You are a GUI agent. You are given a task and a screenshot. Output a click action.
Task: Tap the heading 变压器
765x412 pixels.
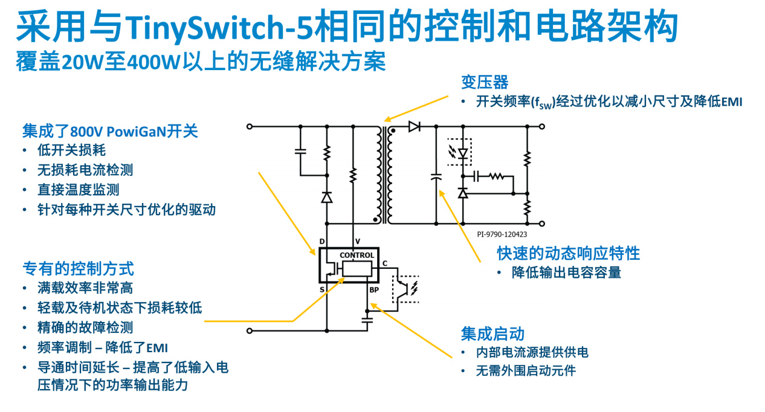pyautogui.click(x=485, y=82)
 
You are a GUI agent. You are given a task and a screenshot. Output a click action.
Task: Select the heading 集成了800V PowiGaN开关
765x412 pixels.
pyautogui.click(x=110, y=131)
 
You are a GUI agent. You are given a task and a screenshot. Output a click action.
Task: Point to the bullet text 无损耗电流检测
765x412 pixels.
pyautogui.click(x=85, y=170)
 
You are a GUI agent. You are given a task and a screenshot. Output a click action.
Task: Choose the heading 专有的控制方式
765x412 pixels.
pyautogui.click(x=78, y=268)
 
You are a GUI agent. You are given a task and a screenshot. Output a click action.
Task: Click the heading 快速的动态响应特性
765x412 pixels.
pyautogui.click(x=568, y=253)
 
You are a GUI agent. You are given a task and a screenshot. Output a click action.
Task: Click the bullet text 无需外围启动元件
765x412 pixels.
pyautogui.click(x=526, y=370)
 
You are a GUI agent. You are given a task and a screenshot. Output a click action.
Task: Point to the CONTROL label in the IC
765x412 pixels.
pyautogui.click(x=357, y=256)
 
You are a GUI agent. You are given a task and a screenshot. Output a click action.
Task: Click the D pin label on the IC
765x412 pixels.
pyautogui.click(x=323, y=242)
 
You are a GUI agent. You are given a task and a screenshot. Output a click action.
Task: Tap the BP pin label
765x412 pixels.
pyautogui.click(x=374, y=291)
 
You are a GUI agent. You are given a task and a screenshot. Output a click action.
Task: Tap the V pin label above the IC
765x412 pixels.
pyautogui.click(x=357, y=242)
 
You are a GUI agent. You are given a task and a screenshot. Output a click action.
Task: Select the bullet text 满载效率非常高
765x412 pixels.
pyautogui.click(x=85, y=288)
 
